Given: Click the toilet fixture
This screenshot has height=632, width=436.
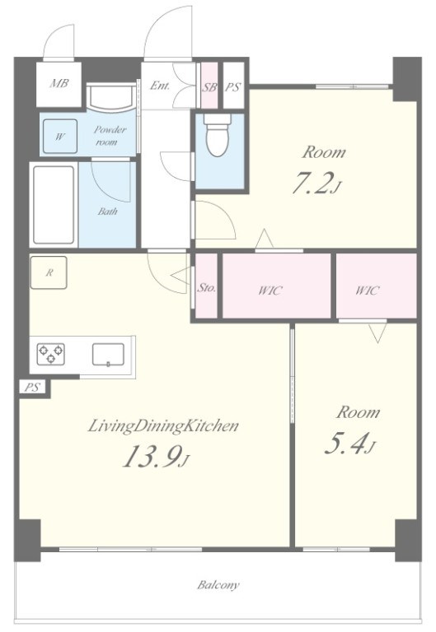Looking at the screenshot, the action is (218, 135).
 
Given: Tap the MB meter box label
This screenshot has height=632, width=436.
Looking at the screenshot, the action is (59, 83).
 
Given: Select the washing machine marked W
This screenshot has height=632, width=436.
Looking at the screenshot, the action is (59, 137).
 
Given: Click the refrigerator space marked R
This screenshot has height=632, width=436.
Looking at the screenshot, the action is (49, 273).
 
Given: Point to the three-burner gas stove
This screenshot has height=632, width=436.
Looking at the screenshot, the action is (51, 355).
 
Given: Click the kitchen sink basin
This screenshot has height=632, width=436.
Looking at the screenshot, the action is (108, 355).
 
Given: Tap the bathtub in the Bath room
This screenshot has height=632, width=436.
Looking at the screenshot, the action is (54, 205).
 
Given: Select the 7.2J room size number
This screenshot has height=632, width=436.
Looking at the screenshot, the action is (317, 183).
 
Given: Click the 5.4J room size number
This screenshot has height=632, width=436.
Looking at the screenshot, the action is (349, 444).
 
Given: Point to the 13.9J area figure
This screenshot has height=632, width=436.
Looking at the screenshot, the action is (156, 457).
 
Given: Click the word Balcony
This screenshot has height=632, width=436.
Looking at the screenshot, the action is (218, 584).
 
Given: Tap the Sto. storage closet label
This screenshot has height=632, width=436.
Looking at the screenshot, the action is (207, 288).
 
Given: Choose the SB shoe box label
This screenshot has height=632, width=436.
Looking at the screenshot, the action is (209, 86).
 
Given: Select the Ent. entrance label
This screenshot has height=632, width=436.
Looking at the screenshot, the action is (160, 86).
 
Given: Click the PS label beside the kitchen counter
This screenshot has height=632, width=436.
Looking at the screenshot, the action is (32, 388).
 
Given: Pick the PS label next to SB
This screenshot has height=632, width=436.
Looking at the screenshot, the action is (232, 86).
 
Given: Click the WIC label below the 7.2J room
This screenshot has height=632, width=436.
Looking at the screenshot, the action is (270, 290).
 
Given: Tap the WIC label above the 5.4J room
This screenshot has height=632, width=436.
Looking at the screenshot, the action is (368, 290).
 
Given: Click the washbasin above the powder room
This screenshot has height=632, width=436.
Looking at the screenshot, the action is (111, 97).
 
